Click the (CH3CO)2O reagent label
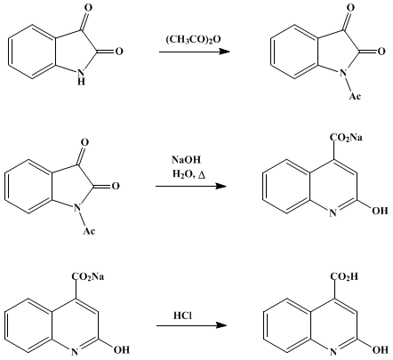193,39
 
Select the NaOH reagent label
186,160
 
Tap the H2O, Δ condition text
188,174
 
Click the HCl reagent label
182,316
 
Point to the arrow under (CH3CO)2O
195,52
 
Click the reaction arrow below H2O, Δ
191,186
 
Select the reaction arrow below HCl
191,325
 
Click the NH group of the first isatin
81,76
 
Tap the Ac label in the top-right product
355,96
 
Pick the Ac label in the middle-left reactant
89,230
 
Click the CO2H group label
344,276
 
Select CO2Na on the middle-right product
346,138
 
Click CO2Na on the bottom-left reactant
88,276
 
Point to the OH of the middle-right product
380,211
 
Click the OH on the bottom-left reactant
122,350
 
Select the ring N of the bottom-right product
333,352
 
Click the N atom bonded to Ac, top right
343,73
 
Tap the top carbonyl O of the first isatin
88,8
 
